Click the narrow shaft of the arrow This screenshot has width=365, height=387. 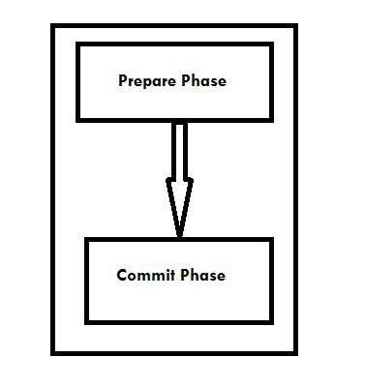[x=178, y=150]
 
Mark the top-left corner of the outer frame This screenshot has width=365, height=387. [x=52, y=26]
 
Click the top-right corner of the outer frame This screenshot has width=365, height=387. [x=296, y=26]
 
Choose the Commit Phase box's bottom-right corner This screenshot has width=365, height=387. [x=272, y=321]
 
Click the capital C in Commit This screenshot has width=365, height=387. [x=122, y=276]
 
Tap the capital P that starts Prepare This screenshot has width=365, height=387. [x=122, y=81]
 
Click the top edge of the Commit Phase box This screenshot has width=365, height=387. [x=179, y=238]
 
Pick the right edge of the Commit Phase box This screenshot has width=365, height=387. [x=272, y=280]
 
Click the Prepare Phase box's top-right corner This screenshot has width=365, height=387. [x=270, y=43]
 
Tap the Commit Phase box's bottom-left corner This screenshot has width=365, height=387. [x=87, y=321]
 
